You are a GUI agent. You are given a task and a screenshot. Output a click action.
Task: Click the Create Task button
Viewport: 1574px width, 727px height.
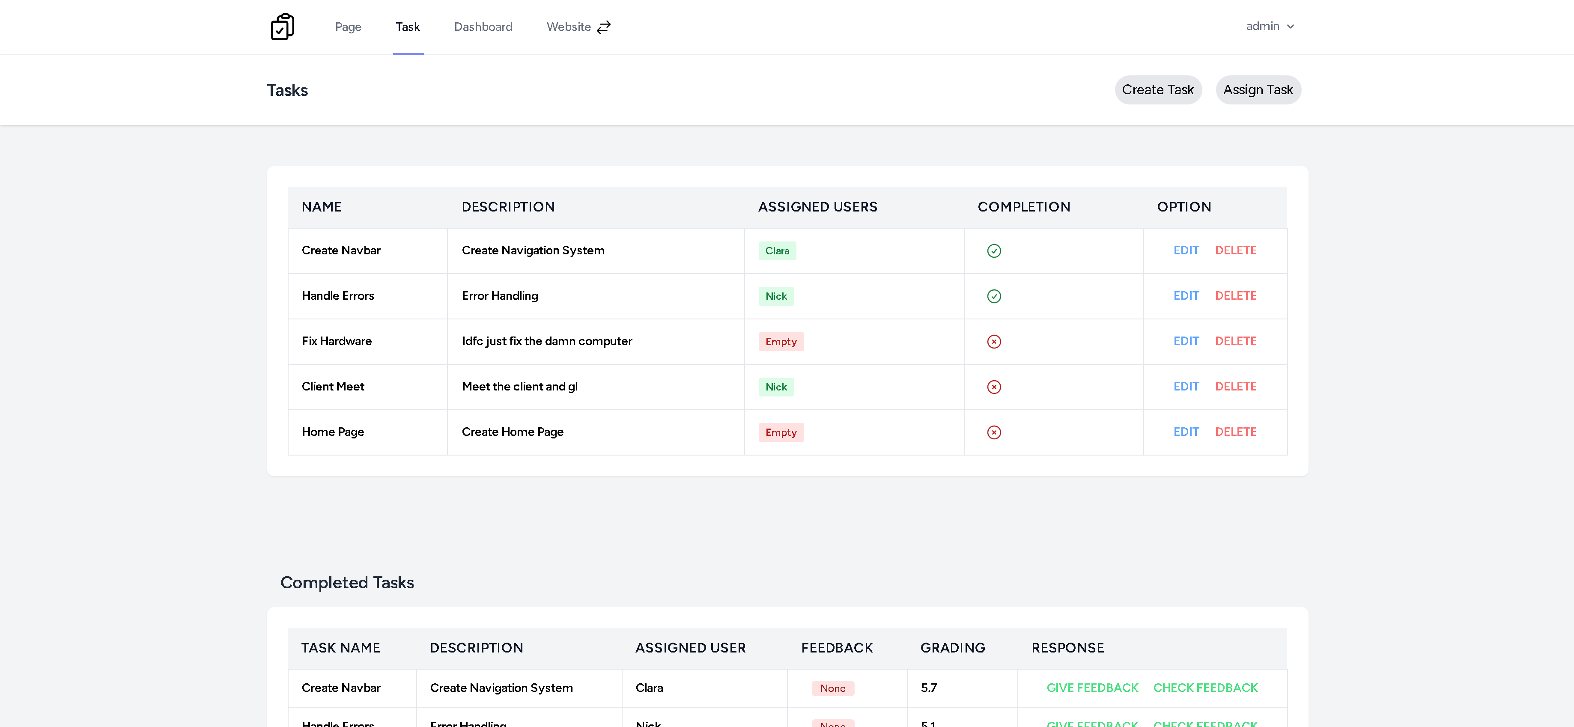[x=1157, y=90]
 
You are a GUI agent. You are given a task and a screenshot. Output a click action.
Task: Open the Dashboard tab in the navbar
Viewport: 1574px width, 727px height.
[x=483, y=27]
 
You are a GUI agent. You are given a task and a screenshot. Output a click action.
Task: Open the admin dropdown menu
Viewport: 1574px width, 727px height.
[x=1269, y=26]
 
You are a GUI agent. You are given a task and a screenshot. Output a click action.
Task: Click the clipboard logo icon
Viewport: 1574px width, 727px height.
[x=282, y=27]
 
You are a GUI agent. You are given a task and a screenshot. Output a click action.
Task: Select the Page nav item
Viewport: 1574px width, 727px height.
[x=348, y=27]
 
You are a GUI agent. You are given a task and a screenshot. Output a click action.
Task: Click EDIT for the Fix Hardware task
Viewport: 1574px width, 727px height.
[x=1185, y=341]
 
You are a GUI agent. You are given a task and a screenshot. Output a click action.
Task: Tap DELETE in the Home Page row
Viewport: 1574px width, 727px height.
[x=1235, y=432]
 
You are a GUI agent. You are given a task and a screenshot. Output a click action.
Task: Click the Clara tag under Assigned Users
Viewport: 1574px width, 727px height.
[x=777, y=251]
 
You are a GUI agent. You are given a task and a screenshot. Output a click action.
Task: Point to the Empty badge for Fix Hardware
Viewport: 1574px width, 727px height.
[x=780, y=342]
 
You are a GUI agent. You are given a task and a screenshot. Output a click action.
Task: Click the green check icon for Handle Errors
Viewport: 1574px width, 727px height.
[x=993, y=296]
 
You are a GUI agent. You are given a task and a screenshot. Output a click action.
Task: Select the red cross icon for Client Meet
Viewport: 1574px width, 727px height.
[x=993, y=387]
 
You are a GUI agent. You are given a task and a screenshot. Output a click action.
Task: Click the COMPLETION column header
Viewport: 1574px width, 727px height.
[x=1023, y=207]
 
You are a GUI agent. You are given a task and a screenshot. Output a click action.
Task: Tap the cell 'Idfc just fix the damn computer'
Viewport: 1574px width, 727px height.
[x=546, y=341]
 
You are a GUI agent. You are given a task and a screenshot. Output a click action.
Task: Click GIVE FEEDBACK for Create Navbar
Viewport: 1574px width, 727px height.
[x=1092, y=688]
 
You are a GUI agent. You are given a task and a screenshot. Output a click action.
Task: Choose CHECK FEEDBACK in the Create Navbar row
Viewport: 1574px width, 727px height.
[x=1205, y=688]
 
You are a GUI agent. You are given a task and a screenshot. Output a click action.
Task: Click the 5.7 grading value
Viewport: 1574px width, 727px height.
[x=928, y=688]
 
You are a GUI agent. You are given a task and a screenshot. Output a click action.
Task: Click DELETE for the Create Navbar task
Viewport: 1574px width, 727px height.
[x=1235, y=250]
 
